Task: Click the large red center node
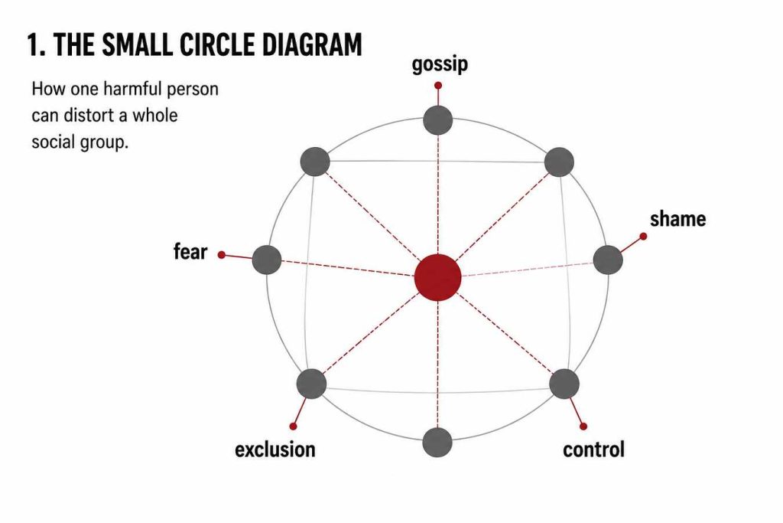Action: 438,277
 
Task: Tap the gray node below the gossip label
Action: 438,120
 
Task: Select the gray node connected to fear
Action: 267,260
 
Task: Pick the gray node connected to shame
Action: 608,260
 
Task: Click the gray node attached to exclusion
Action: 312,384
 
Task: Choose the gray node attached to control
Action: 564,384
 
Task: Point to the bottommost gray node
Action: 437,443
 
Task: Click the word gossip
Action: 440,65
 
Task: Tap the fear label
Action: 190,251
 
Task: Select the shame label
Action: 678,219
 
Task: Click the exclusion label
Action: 275,449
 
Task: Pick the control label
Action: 593,449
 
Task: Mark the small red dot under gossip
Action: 438,86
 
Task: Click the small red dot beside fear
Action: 222,255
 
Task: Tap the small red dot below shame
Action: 643,236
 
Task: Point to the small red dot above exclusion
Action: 293,426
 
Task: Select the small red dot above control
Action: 583,426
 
